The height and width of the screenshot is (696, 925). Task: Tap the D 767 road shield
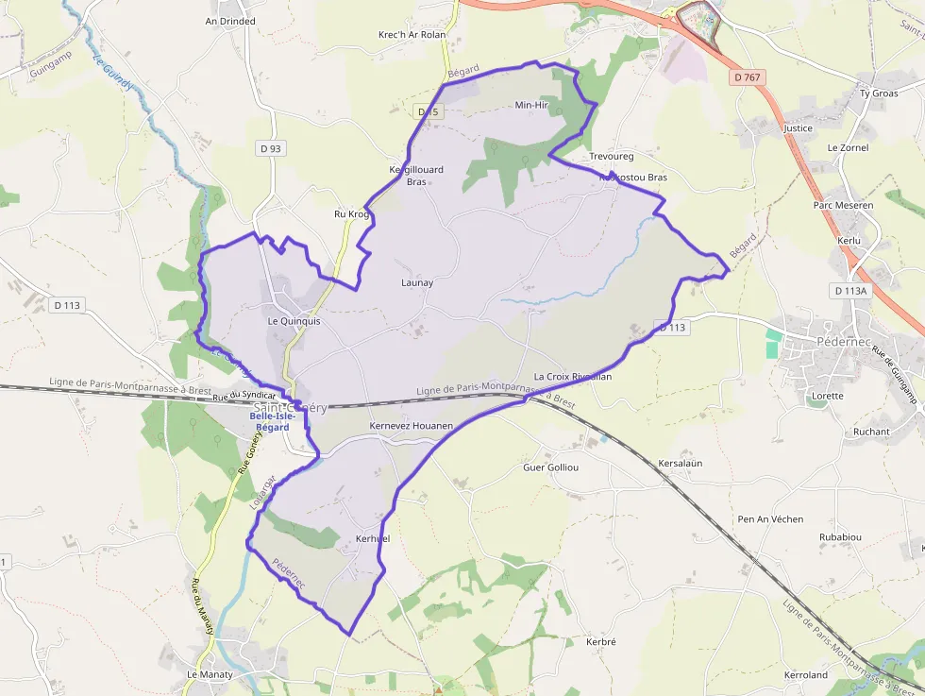point(747,77)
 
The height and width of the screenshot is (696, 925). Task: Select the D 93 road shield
point(270,148)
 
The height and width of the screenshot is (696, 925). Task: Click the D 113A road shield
point(849,291)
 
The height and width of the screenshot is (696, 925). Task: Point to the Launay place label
point(417,282)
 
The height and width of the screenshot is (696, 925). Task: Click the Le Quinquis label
point(294,321)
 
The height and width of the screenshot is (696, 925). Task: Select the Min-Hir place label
point(531,105)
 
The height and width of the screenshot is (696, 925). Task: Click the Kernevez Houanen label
point(412,426)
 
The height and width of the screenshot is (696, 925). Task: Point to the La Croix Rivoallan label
point(573,377)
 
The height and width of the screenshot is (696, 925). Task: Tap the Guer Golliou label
point(550,467)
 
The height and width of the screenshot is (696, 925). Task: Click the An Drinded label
point(230,20)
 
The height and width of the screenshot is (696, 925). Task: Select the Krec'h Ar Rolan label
point(412,35)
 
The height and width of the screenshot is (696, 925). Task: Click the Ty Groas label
point(878,93)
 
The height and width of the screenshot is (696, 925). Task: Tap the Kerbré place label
point(600,642)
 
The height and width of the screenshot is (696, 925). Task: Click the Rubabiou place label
point(840,537)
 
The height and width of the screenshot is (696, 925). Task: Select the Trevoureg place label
point(612,156)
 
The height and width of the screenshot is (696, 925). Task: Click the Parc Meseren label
point(843,205)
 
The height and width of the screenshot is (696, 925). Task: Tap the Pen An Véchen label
point(770,519)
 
